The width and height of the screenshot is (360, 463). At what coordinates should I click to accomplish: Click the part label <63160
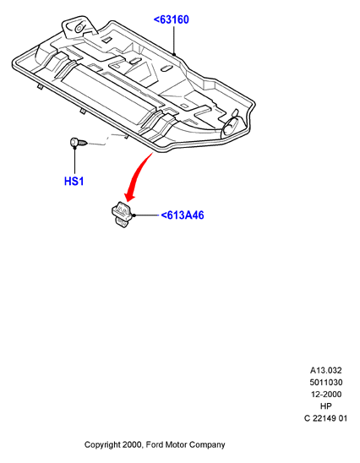(172, 19)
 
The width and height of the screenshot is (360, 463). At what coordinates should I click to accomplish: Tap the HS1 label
(74, 181)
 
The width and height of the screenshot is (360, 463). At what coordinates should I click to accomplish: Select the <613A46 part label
(183, 215)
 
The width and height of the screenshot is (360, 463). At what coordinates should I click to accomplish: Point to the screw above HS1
(79, 143)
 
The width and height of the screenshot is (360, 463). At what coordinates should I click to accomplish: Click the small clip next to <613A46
(122, 215)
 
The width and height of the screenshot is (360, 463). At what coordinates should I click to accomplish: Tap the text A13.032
(325, 370)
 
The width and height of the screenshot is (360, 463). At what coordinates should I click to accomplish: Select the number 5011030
(326, 383)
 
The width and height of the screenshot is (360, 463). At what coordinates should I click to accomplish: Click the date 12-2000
(326, 395)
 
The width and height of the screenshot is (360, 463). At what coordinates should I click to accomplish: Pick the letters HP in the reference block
(326, 406)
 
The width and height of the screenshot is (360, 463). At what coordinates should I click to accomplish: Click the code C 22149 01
(325, 418)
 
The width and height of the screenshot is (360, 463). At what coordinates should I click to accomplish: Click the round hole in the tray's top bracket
(79, 28)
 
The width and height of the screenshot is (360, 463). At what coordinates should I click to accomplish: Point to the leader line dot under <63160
(174, 54)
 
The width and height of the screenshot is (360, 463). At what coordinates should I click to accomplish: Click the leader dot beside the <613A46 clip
(134, 215)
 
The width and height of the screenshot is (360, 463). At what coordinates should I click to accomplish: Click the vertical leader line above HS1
(74, 160)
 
